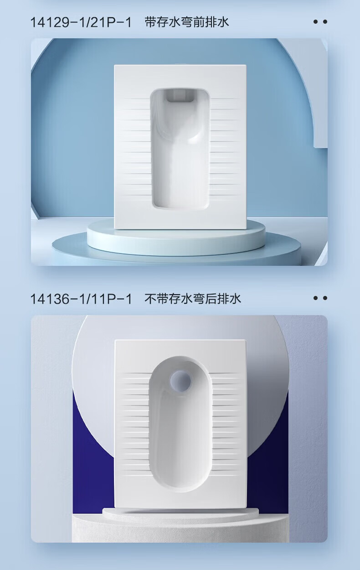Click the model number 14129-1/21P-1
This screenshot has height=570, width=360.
point(81,22)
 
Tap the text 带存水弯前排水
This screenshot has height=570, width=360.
point(187,22)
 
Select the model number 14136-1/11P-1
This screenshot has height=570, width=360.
point(81,299)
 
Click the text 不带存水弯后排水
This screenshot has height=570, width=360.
point(193,299)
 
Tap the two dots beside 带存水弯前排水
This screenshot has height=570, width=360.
point(320,22)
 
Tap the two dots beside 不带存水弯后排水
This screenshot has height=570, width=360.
point(320,298)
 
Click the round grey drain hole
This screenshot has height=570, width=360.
point(180,381)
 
